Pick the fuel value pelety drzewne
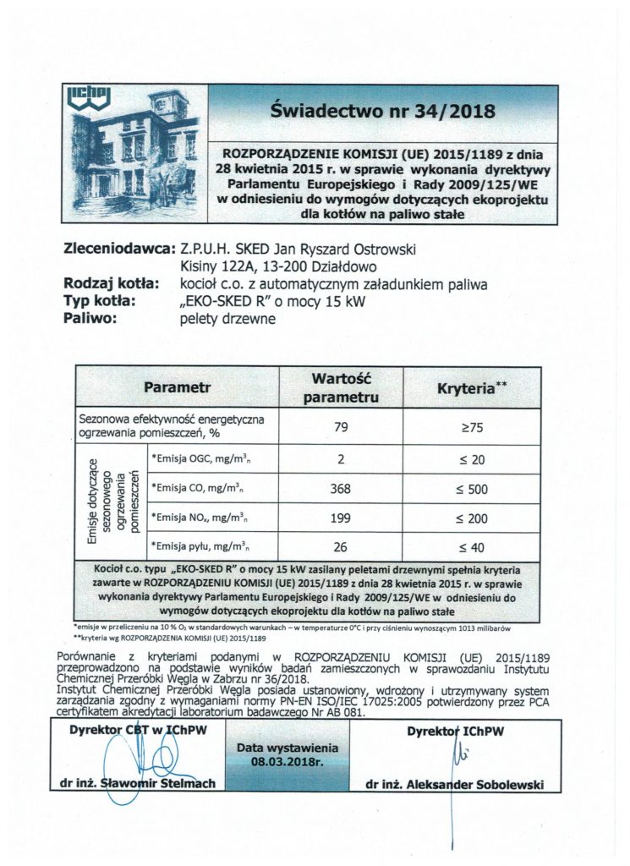pyautogui.click(x=227, y=319)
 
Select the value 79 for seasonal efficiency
pyautogui.click(x=341, y=427)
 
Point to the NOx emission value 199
pyautogui.click(x=341, y=516)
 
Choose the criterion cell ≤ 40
pyautogui.click(x=472, y=545)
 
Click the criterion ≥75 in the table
pyautogui.click(x=472, y=427)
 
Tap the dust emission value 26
pyautogui.click(x=341, y=545)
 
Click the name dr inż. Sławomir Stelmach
pyautogui.click(x=143, y=783)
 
